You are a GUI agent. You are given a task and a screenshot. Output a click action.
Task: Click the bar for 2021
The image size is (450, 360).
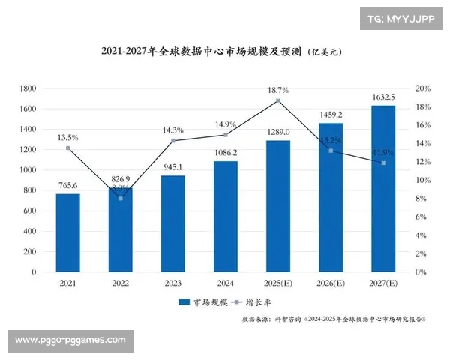(67, 232)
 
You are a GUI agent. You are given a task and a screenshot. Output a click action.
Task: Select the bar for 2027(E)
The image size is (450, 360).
(383, 188)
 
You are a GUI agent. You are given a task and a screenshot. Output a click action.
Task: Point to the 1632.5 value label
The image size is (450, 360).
(383, 96)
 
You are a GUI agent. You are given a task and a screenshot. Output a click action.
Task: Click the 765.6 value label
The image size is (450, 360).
(67, 184)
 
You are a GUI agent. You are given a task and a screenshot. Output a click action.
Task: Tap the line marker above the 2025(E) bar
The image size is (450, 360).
(278, 100)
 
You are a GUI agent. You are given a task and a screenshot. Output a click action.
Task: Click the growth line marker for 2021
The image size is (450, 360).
(67, 148)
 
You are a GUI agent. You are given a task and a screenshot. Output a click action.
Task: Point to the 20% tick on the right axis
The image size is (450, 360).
(422, 88)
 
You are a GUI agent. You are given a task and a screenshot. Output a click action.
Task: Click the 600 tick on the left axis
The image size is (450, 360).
(29, 211)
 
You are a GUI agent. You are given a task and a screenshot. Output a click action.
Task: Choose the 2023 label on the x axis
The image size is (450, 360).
(173, 283)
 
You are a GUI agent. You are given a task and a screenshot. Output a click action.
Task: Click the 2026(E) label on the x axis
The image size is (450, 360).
(331, 283)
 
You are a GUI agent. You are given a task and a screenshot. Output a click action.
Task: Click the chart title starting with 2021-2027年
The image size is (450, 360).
(224, 52)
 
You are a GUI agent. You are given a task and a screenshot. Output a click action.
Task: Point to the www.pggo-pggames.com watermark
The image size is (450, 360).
(70, 340)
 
